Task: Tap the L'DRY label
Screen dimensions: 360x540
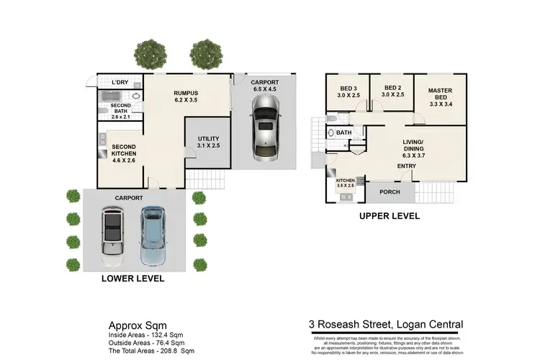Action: click(120, 83)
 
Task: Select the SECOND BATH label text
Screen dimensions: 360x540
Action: click(121, 109)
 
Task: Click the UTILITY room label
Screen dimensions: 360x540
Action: click(207, 143)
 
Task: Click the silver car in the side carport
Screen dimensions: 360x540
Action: click(264, 127)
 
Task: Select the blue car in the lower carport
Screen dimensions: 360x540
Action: click(153, 234)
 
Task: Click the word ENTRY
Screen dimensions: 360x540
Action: click(408, 167)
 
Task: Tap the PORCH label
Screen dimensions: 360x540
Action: click(390, 192)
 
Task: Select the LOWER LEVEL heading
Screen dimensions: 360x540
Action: click(132, 278)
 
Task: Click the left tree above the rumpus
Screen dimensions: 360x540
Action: click(149, 53)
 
